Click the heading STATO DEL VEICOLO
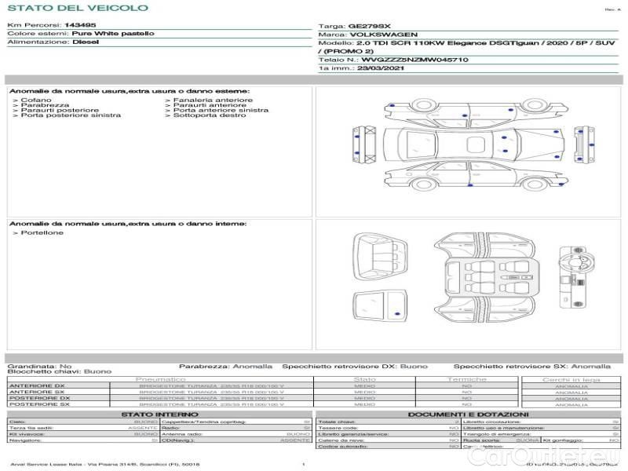coord(77,9)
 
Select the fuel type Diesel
coord(86,42)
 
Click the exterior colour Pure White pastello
coord(113,34)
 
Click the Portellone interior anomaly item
coord(42,233)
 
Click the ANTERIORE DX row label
coord(37,386)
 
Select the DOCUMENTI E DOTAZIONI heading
coord(469,414)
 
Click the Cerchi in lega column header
coord(571,380)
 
